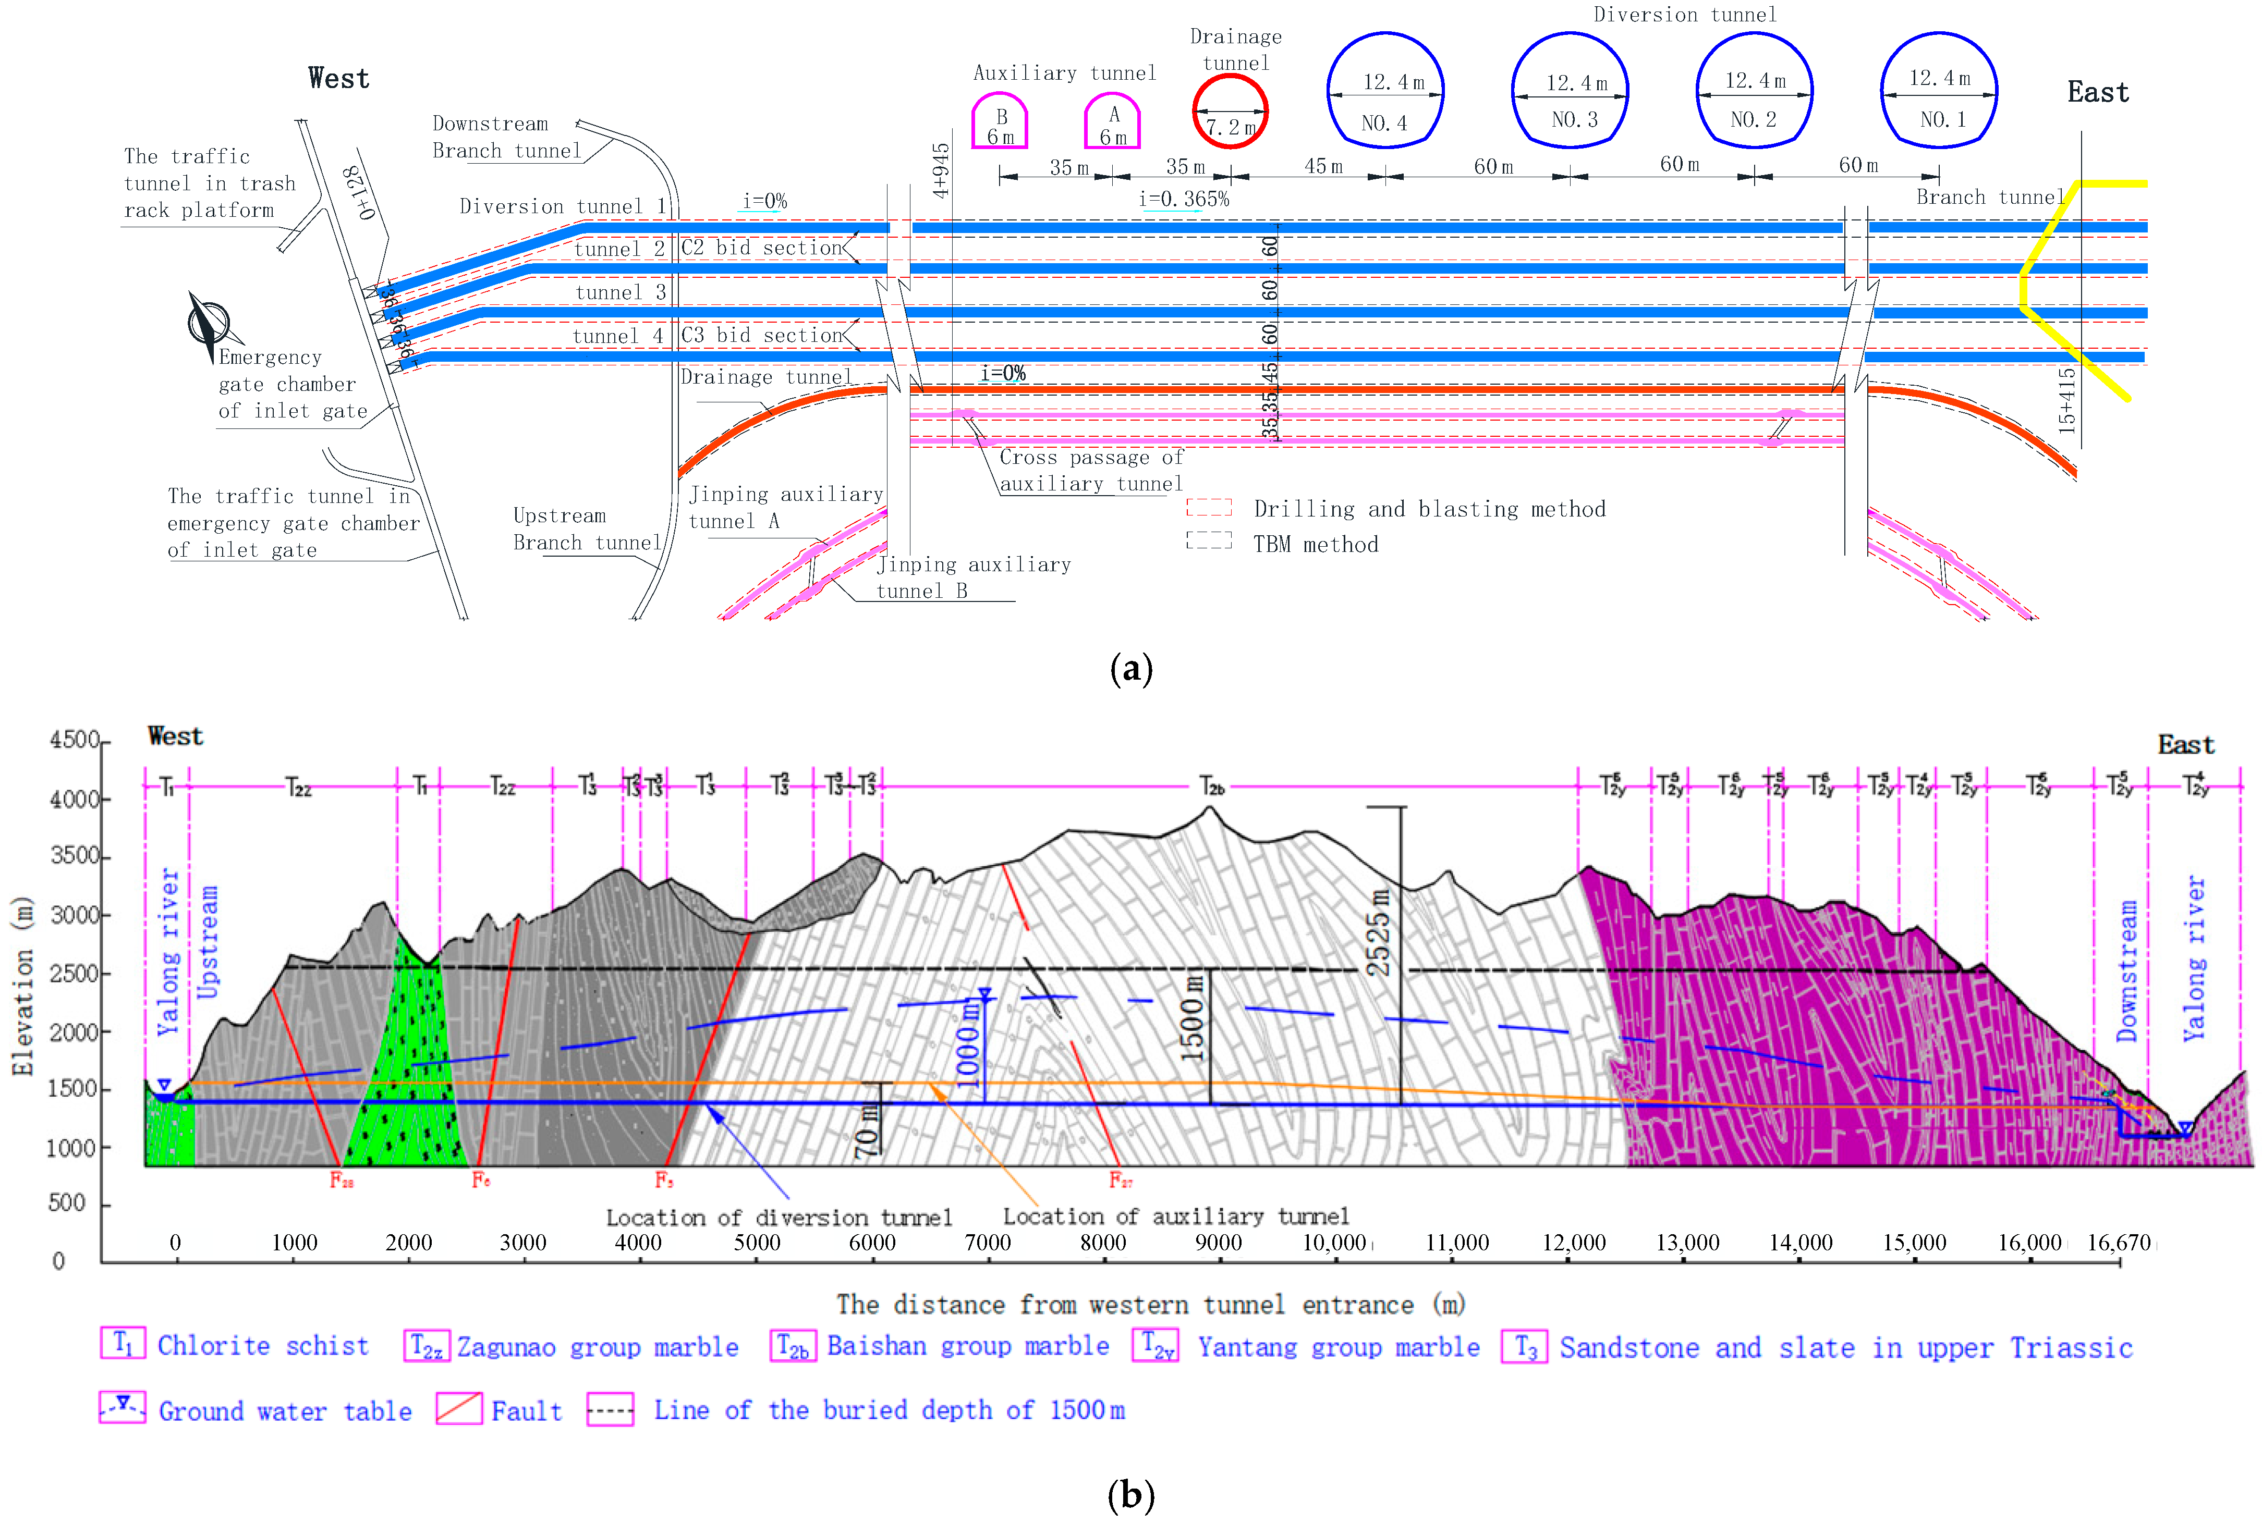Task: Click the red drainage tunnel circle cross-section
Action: (x=1230, y=111)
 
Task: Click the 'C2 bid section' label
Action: (x=761, y=248)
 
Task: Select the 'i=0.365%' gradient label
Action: (x=1184, y=199)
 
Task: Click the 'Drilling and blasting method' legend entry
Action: (x=1429, y=509)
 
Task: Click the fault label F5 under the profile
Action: (x=664, y=1180)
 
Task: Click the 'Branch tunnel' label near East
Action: (x=1989, y=198)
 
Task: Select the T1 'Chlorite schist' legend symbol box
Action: (x=123, y=1344)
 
